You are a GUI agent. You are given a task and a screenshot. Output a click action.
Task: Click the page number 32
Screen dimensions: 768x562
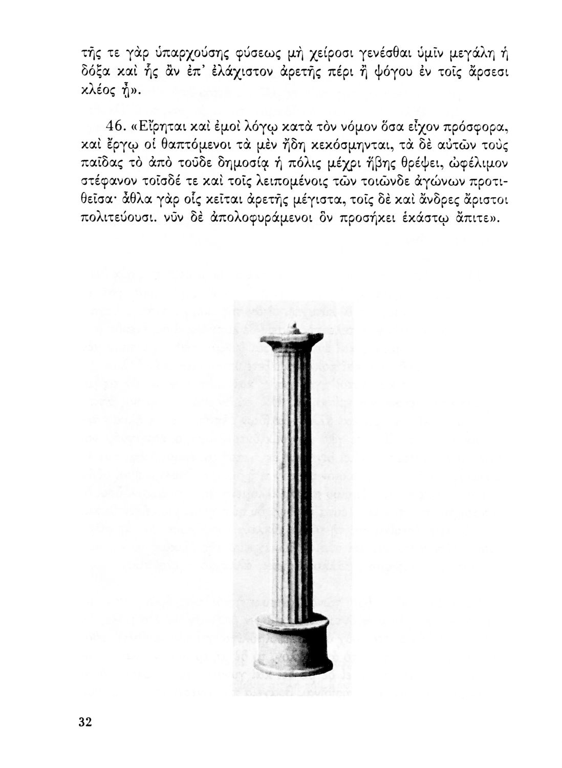pyautogui.click(x=85, y=722)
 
